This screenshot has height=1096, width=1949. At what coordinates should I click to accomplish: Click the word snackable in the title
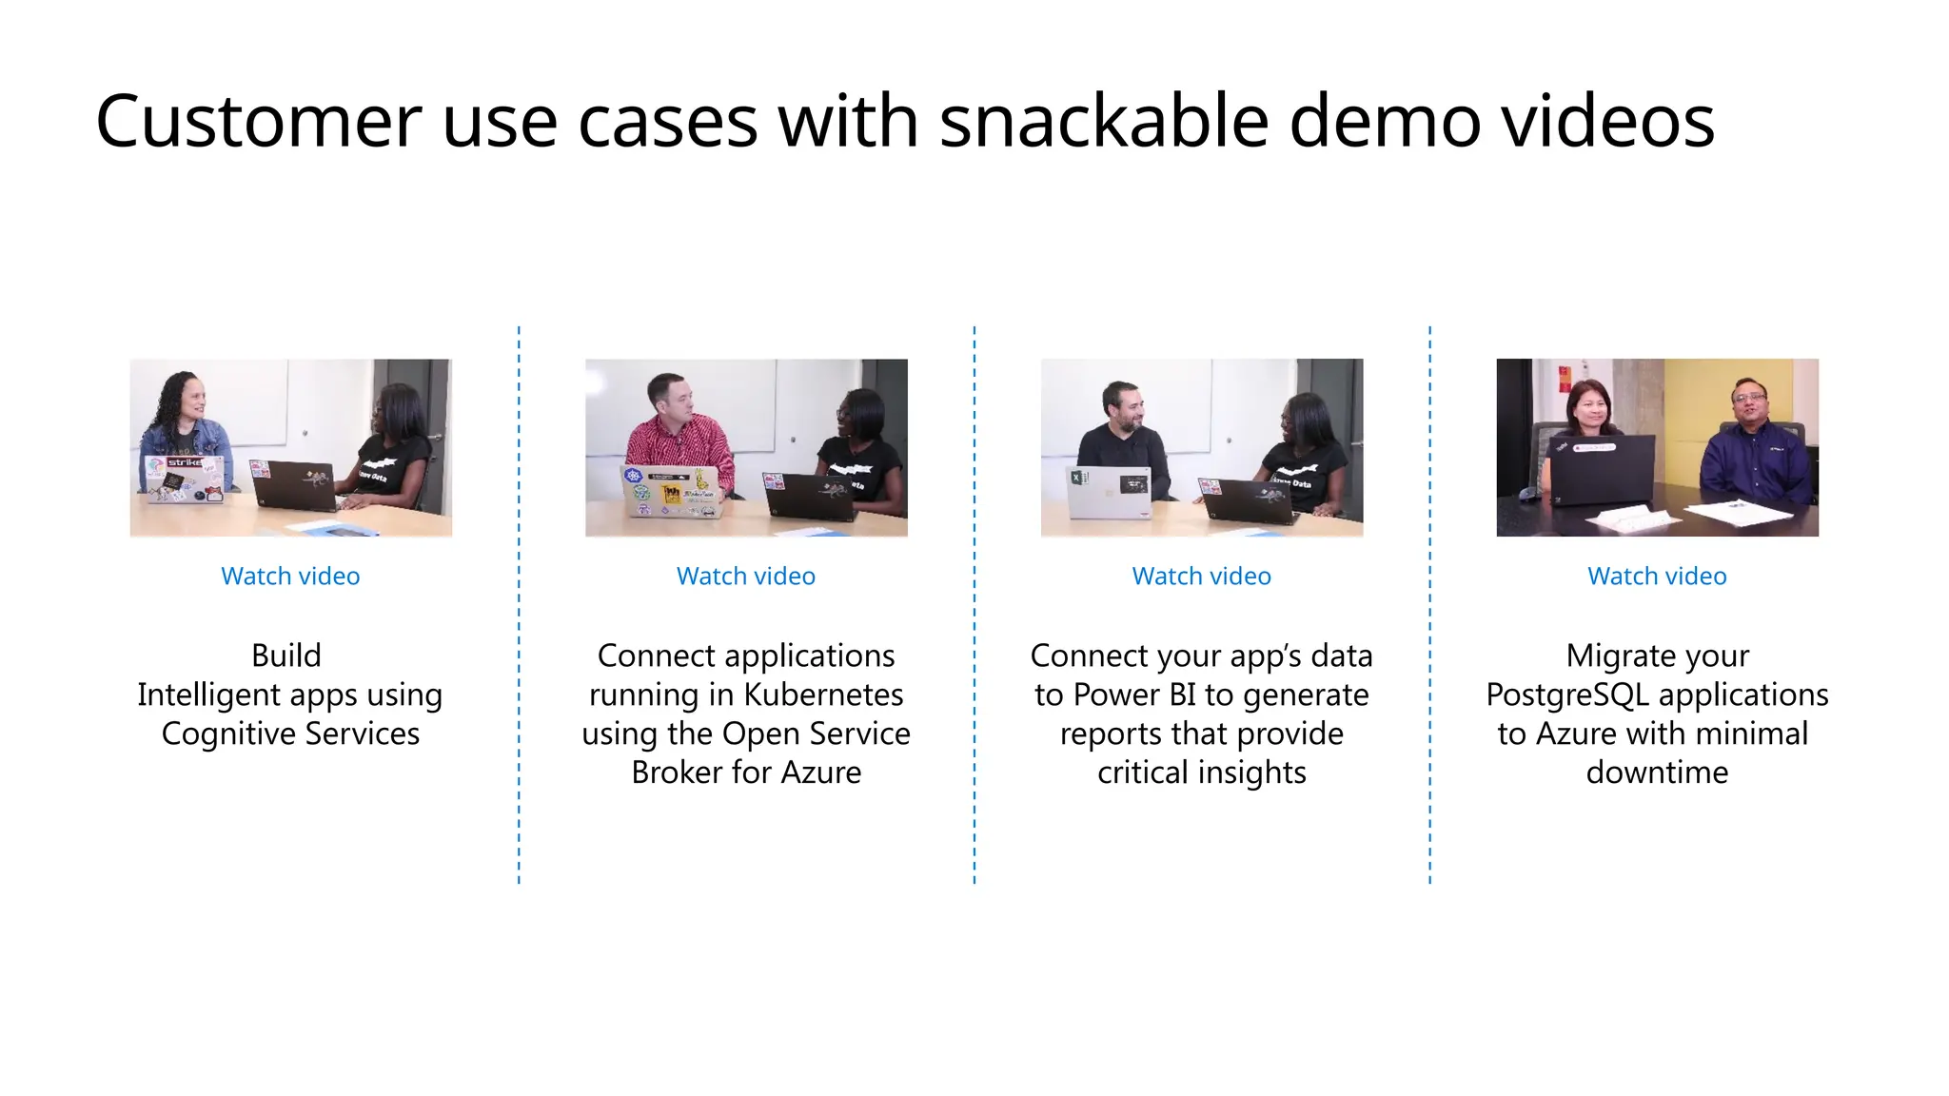[x=1104, y=122]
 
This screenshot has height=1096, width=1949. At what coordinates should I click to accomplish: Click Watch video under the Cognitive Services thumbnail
[x=290, y=577]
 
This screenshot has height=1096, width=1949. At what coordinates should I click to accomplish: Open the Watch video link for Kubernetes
[x=745, y=577]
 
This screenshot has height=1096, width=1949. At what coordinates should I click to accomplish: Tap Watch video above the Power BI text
[x=1201, y=577]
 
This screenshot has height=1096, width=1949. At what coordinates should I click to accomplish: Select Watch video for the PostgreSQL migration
[x=1657, y=577]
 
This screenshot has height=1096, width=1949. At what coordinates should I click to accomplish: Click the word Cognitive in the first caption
[x=227, y=734]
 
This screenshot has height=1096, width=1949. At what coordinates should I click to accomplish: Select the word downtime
[x=1657, y=773]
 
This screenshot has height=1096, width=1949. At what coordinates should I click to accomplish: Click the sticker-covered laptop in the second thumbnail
[x=670, y=492]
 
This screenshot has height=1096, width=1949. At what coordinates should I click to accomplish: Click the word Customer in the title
[x=258, y=122]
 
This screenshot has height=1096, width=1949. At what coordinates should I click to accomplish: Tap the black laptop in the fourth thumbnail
[x=1603, y=470]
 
